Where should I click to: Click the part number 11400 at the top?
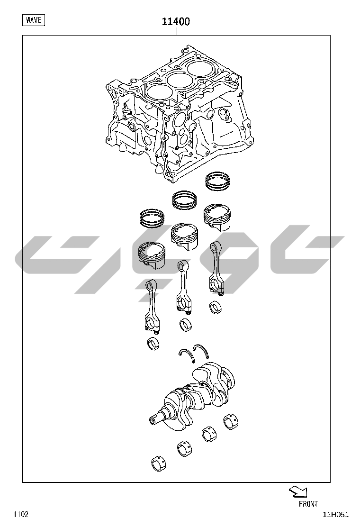tap(176, 21)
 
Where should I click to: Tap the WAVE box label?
tap(34, 20)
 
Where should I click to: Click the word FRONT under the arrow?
tap(308, 504)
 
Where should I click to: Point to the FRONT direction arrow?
tap(298, 491)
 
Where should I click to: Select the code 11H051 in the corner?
tap(336, 515)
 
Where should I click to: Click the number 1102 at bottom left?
tap(21, 514)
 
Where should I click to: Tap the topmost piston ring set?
tap(219, 182)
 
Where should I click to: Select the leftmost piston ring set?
tap(153, 218)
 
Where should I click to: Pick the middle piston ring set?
tap(185, 200)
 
